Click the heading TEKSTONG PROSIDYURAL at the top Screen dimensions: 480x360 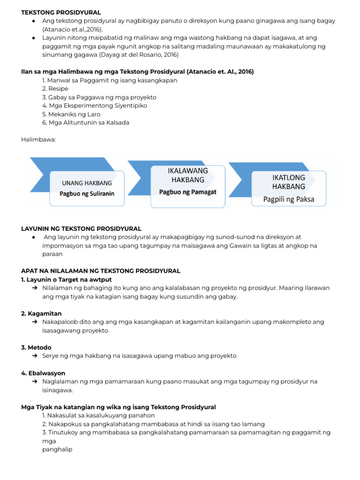coord(61,13)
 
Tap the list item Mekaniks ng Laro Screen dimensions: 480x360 coord(71,114)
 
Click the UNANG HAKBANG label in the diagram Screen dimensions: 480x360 coord(87,183)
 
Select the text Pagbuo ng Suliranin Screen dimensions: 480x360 coord(87,193)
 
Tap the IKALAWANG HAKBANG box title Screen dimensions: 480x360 coord(187,175)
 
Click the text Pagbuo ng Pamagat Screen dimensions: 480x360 coord(187,192)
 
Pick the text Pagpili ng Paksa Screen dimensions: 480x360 coord(288,199)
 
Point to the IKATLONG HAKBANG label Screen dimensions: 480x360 coord(288,182)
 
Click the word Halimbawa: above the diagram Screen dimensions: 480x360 coord(38,139)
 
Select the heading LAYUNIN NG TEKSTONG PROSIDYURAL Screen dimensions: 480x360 coord(81,229)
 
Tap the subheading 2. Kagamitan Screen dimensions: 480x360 coord(41,313)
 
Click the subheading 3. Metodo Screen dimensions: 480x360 coord(37,347)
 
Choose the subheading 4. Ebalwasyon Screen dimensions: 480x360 coord(43,373)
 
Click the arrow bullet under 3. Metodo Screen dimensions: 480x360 coord(35,356)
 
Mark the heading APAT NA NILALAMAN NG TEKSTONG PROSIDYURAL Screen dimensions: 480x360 coord(100,271)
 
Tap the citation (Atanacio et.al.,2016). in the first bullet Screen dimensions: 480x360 coord(73,30)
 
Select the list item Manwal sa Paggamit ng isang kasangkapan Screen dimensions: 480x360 coord(109,80)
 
